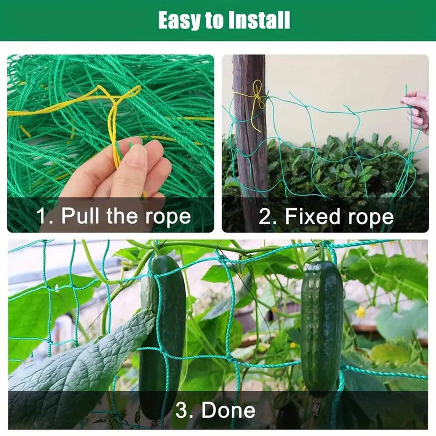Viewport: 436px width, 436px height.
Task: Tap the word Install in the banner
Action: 260,20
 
